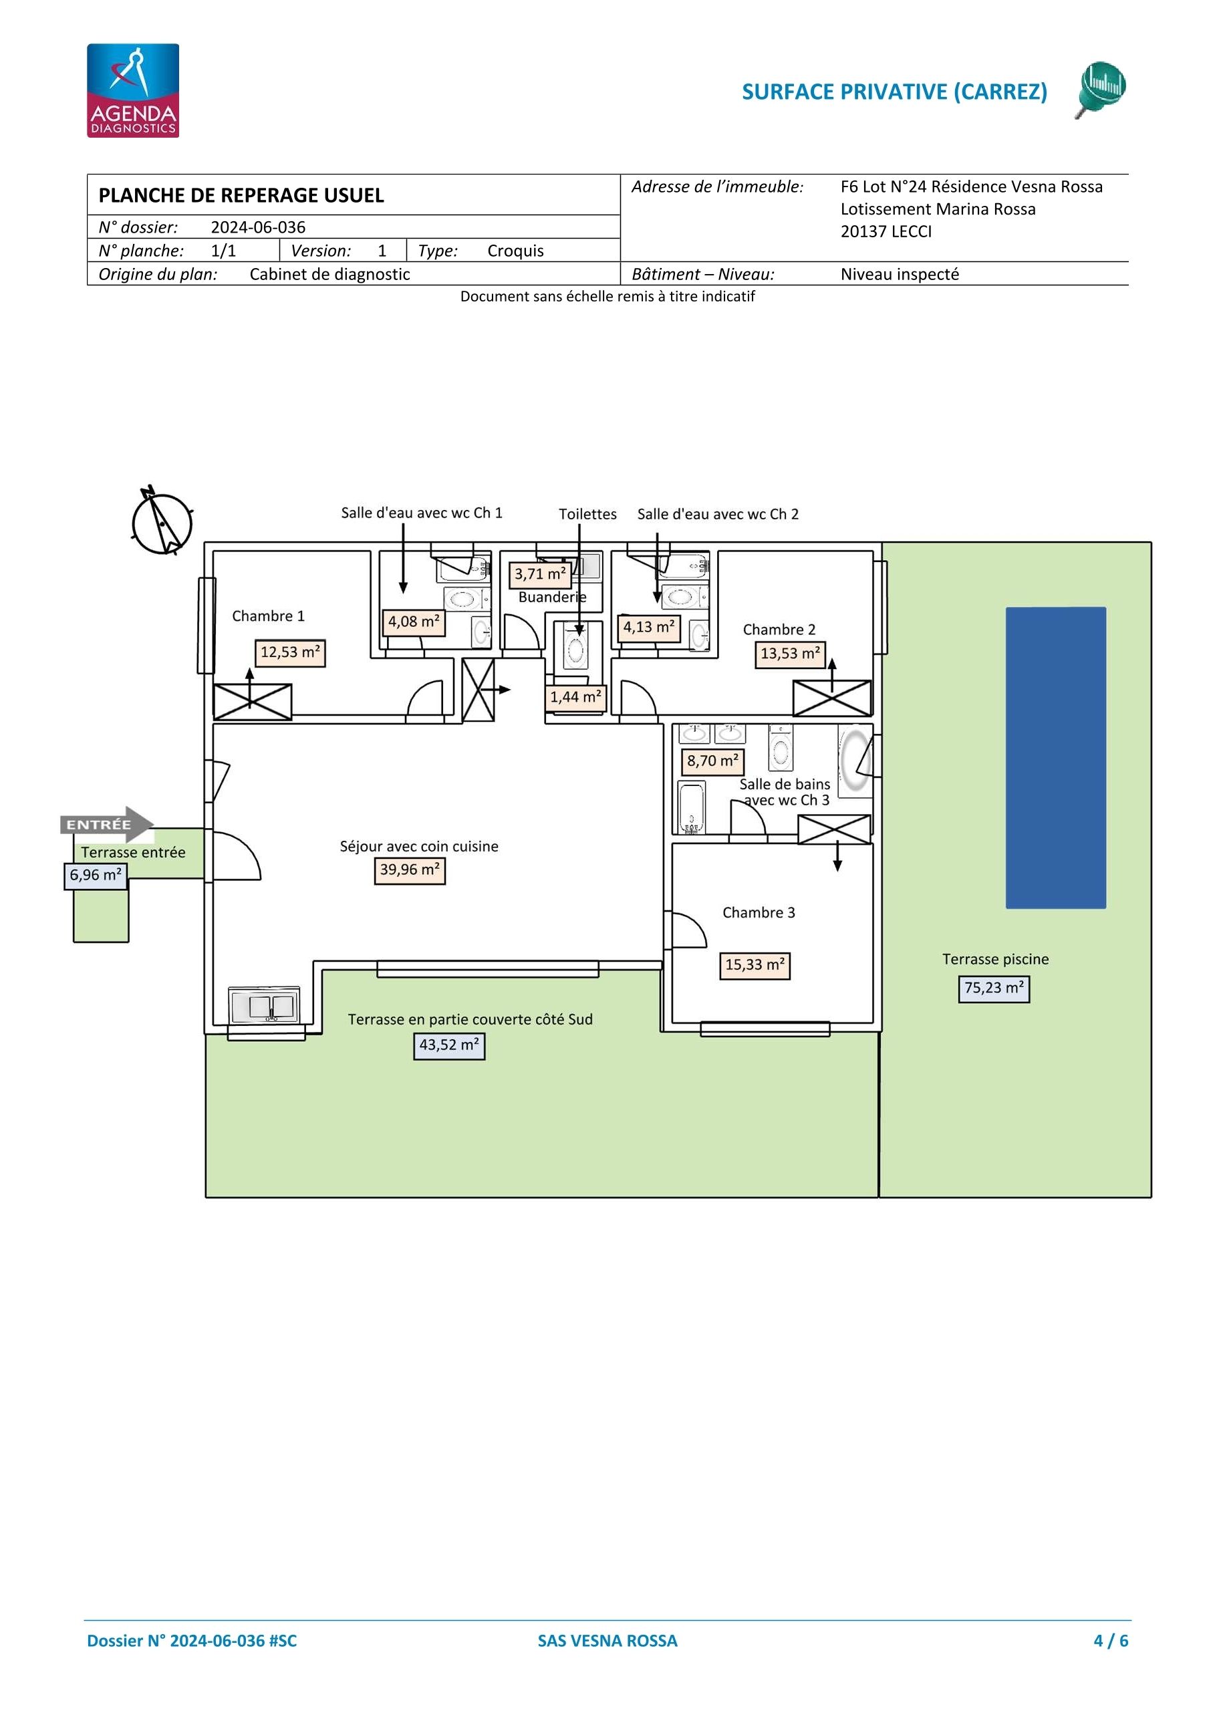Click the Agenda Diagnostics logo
(132, 91)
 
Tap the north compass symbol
(162, 522)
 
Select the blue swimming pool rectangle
(1055, 758)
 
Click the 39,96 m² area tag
(410, 870)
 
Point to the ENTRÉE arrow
(107, 824)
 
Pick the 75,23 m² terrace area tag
(994, 988)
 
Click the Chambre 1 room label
(268, 616)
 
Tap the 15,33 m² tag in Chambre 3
(755, 965)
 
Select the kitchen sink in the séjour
(264, 1005)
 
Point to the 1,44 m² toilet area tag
(575, 697)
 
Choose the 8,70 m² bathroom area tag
(712, 761)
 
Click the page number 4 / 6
(1111, 1640)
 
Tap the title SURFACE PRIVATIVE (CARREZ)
(895, 92)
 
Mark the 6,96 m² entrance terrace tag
(96, 876)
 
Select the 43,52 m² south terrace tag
(449, 1045)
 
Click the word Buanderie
(553, 598)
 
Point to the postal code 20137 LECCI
(886, 231)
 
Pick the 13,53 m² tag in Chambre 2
(790, 654)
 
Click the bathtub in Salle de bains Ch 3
(691, 807)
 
